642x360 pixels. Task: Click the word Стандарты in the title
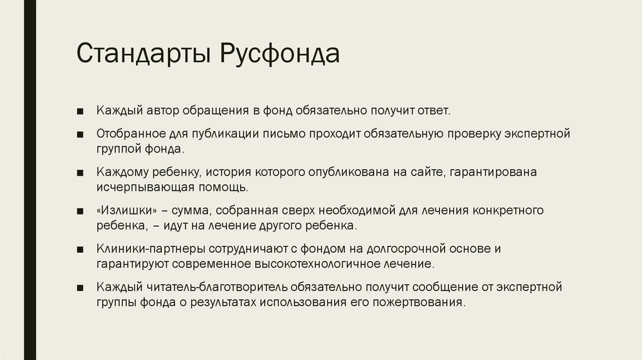coord(143,54)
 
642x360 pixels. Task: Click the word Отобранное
coord(131,134)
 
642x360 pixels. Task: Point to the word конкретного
coord(512,209)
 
